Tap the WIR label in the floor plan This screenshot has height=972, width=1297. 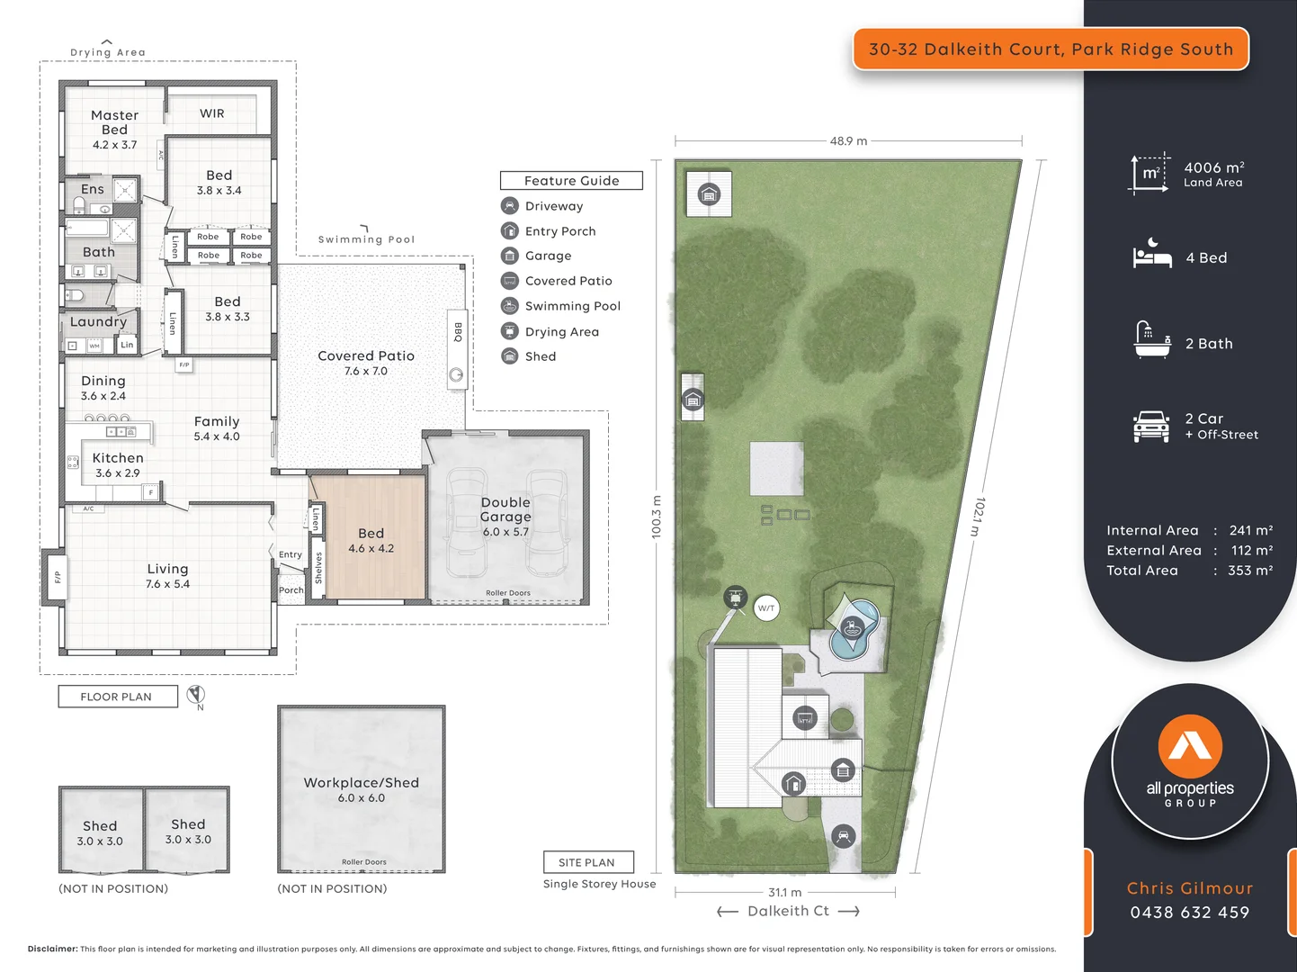pos(212,113)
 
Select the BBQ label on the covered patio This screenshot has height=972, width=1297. pos(458,331)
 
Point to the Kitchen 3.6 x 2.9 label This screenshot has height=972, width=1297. pos(118,464)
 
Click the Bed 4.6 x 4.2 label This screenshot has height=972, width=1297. pos(371,540)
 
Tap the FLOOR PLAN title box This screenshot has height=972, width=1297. pos(117,697)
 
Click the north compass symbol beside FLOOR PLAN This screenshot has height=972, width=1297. pos(196,695)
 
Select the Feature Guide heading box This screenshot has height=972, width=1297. pos(571,181)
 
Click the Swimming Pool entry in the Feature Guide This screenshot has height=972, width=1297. pos(572,306)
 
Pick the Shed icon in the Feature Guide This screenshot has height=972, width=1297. pos(510,356)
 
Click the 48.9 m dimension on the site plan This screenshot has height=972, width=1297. pos(848,141)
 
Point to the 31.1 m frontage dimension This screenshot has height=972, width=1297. pos(784,892)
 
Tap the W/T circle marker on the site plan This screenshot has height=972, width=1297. pos(766,608)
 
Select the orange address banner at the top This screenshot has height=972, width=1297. pos(1051,49)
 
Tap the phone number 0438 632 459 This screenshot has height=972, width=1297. pos(1189,913)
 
